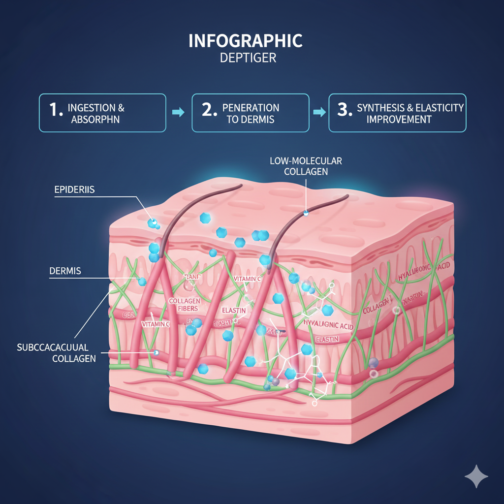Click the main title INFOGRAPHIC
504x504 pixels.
[x=245, y=41]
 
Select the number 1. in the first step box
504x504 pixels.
[x=56, y=110]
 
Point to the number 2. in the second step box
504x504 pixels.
[x=209, y=110]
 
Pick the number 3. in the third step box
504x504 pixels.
[x=345, y=110]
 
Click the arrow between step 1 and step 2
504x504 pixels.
[x=178, y=113]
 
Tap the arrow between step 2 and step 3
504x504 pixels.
[x=319, y=113]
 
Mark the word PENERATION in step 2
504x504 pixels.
[x=251, y=107]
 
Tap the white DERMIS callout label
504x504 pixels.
[x=65, y=271]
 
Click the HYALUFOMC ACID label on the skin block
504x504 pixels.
[x=424, y=269]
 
